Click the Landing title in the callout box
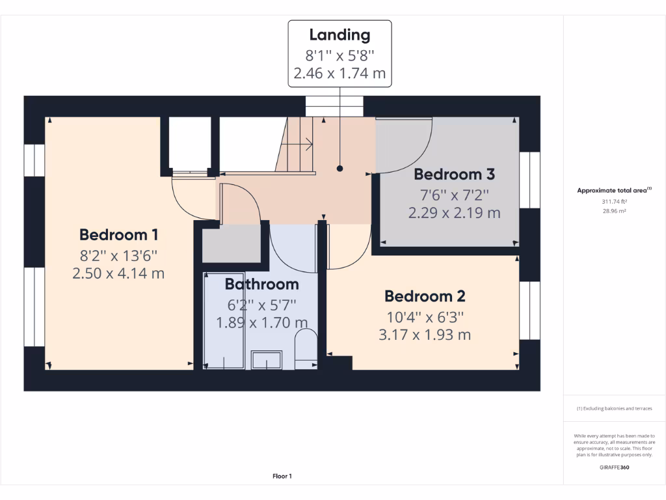tap(340, 35)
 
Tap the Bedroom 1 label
tap(118, 234)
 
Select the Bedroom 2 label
tap(424, 296)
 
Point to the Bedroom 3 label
tap(454, 174)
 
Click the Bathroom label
tap(261, 284)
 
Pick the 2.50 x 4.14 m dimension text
tap(118, 273)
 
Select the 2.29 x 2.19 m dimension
tap(454, 212)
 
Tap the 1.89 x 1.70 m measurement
tap(261, 322)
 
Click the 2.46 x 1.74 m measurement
tap(340, 74)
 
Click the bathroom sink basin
tap(267, 359)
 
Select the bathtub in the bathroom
tap(224, 321)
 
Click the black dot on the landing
tap(340, 169)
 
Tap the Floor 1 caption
tap(282, 477)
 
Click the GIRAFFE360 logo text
tap(614, 467)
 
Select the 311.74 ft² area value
tap(614, 202)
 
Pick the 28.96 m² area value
tap(614, 212)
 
